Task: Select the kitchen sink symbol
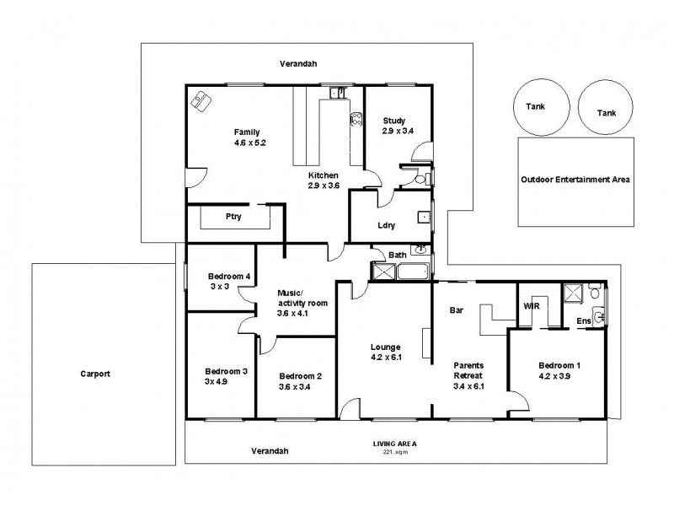[336, 94]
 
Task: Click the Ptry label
[233, 217]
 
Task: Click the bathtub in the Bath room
[414, 272]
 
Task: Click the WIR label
[531, 306]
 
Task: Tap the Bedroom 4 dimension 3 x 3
[218, 287]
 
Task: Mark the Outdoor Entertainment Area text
[575, 180]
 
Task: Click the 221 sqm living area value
[395, 451]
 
